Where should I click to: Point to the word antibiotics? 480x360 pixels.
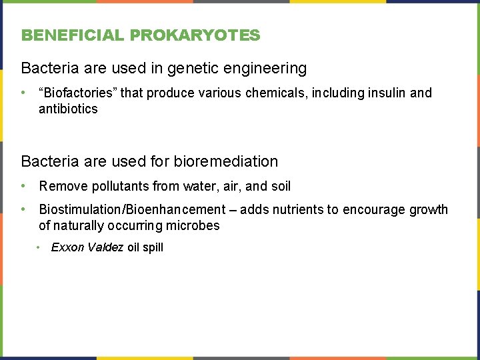68,109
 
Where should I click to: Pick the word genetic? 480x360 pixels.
200,68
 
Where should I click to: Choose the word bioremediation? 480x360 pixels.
225,161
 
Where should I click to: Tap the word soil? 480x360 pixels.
280,186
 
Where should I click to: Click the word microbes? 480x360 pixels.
193,226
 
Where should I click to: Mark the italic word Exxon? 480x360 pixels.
68,247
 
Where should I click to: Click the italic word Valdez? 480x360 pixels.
105,247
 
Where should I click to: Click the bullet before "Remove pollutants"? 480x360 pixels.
24,186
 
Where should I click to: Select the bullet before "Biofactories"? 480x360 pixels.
24,93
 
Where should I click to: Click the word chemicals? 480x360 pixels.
273,93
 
